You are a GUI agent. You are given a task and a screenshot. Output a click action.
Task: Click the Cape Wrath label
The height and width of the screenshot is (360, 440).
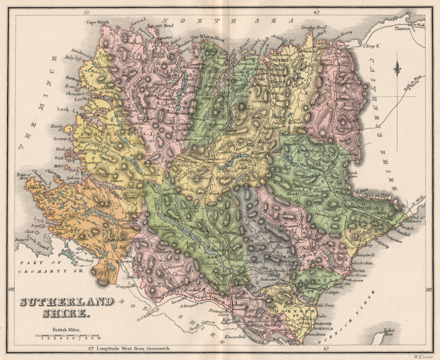(x=97, y=22)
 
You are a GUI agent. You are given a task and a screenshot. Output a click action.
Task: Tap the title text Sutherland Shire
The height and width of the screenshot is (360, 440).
(x=66, y=307)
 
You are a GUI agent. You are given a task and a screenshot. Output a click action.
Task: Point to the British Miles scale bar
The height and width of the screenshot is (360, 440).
(x=68, y=337)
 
